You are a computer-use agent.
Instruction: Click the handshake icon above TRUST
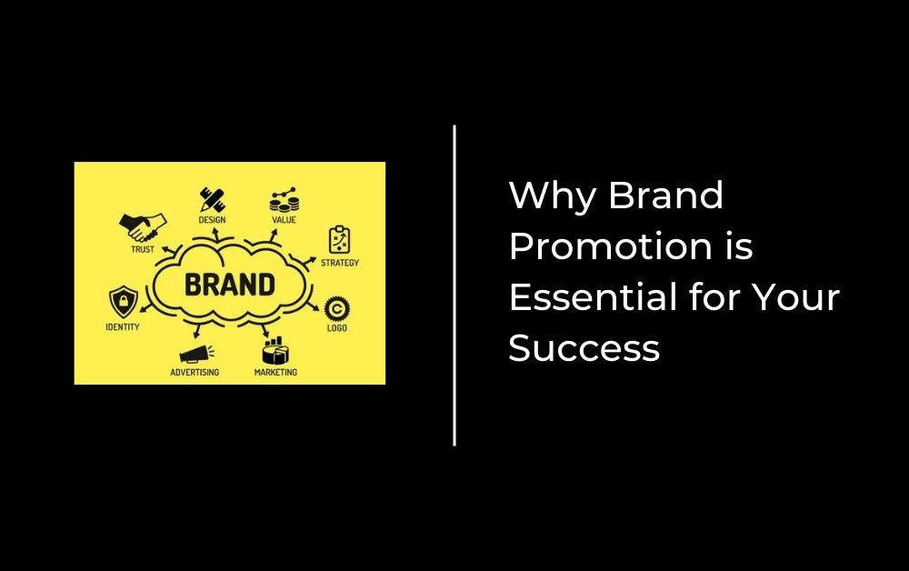[143, 227]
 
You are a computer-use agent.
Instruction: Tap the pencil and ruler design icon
[212, 199]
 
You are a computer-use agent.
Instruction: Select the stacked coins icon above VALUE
[284, 200]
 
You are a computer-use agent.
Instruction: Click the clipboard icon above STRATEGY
[339, 240]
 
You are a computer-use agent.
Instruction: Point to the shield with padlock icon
[124, 302]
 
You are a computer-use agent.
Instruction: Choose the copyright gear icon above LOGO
[337, 308]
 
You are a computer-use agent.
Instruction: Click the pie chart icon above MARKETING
[275, 351]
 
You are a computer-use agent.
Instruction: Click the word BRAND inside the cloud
[230, 285]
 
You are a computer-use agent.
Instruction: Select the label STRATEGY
[340, 263]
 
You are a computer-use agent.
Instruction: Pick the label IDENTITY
[123, 327]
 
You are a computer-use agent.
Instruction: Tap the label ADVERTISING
[195, 372]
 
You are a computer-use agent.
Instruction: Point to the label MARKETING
[276, 372]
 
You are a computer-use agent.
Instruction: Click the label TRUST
[143, 249]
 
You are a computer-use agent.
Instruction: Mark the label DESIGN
[212, 220]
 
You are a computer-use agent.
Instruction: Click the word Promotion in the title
[610, 246]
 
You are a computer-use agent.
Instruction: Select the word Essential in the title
[594, 296]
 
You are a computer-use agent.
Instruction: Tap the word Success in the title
[584, 348]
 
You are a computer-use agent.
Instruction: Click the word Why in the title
[553, 195]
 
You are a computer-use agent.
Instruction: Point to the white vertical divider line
[454, 285]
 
